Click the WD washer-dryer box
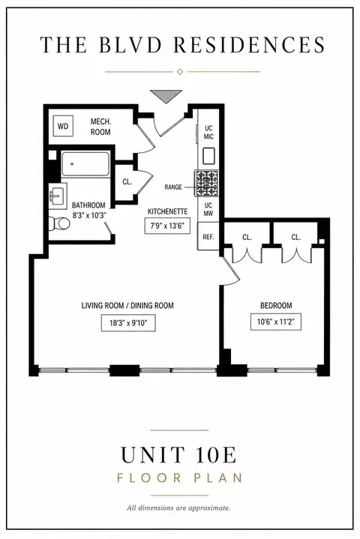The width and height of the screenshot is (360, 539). click(x=63, y=126)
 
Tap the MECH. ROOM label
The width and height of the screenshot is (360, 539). click(x=100, y=127)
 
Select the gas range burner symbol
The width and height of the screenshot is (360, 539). click(x=207, y=183)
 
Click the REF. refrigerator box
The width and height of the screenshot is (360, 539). click(x=208, y=237)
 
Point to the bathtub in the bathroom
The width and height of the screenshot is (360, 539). click(x=85, y=164)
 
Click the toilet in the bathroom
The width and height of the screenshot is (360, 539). click(x=59, y=223)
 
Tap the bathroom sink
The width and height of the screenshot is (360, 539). click(x=58, y=196)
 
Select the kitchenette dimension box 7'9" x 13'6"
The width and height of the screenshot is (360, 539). click(x=167, y=226)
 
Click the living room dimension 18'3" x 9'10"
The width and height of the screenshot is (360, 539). click(x=128, y=323)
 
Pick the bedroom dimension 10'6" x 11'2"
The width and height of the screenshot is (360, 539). click(x=276, y=322)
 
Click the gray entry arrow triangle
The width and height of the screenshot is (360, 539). click(x=166, y=96)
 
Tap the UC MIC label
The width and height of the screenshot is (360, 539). click(x=208, y=133)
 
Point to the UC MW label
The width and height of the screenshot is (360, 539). click(x=208, y=209)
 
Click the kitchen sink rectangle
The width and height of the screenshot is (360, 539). click(x=208, y=156)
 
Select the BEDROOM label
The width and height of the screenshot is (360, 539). click(x=276, y=305)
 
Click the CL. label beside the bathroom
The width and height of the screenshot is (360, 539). click(x=127, y=182)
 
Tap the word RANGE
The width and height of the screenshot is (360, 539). click(x=173, y=187)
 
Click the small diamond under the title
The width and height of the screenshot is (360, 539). click(x=179, y=71)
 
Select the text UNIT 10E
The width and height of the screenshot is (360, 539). click(x=178, y=454)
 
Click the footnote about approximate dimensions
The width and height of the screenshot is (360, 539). click(x=178, y=508)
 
